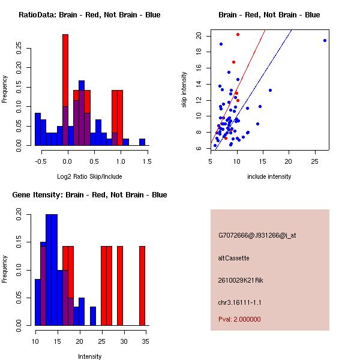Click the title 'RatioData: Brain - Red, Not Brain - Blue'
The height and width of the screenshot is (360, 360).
coord(89,14)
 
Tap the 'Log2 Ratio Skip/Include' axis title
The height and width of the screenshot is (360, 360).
coord(89,176)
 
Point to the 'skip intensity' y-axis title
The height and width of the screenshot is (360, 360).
coord(184,89)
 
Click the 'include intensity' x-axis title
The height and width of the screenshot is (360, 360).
coord(269,176)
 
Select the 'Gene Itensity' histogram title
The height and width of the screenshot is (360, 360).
coord(89,195)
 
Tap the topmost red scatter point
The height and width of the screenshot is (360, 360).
coord(238,34)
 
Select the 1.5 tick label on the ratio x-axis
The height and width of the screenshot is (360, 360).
coord(148,161)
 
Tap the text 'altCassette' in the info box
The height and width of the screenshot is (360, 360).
coord(233,258)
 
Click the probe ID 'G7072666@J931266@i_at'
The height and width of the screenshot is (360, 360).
coord(257,235)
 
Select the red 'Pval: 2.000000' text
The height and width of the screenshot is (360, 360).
coord(239,319)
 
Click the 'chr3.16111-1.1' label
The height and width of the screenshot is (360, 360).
coord(240,302)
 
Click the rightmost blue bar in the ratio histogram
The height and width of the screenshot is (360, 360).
coord(142,142)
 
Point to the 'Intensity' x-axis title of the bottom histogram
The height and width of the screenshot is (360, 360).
coord(90,356)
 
